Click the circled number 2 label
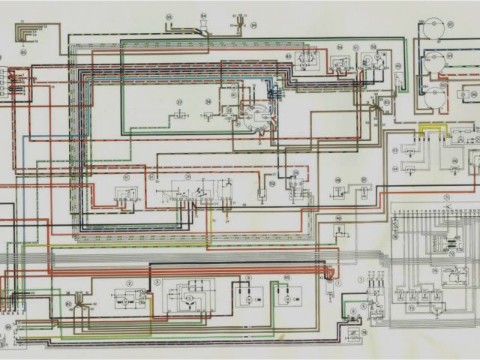pyautogui.click(x=130, y=283)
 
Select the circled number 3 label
pyautogui.click(x=157, y=282)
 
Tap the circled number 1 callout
pyautogui.click(x=337, y=283)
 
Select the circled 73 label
pyautogui.click(x=411, y=308)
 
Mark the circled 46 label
pyautogui.click(x=337, y=218)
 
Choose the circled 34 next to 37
pyautogui.click(x=208, y=101)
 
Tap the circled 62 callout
pyautogui.click(x=68, y=304)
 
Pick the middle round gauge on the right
pyautogui.click(x=433, y=62)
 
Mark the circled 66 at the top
pyautogui.click(x=169, y=16)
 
